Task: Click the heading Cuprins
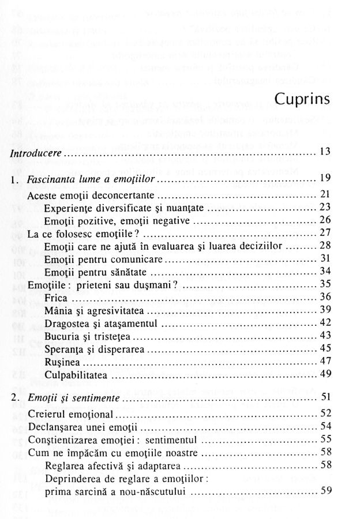coord(302,99)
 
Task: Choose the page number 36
coord(324,296)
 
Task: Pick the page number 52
coord(324,413)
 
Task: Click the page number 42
coord(324,322)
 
